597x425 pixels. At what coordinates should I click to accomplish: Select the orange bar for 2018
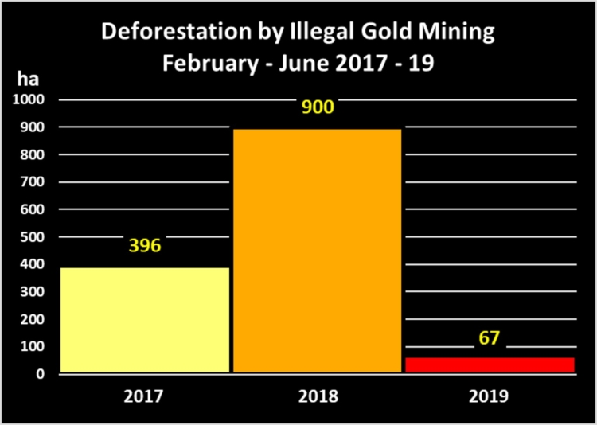point(317,250)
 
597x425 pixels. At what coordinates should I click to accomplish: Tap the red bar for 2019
point(489,365)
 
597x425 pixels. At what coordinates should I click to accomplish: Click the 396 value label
point(144,245)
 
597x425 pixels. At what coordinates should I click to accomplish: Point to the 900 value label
point(316,106)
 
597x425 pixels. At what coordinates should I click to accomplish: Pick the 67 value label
point(489,337)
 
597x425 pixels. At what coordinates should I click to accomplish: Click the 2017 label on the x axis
point(144,396)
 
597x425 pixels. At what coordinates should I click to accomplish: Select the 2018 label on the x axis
point(316,396)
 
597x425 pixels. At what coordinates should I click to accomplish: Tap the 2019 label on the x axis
point(489,396)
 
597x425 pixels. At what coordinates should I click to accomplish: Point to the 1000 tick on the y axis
point(28,99)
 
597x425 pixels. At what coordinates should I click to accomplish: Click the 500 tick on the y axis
point(33,237)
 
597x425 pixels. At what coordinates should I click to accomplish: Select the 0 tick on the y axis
point(41,374)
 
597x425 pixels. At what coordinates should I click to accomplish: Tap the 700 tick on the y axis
point(33,182)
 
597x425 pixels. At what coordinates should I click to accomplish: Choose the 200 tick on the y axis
point(33,319)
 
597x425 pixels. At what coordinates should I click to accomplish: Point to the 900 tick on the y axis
point(33,127)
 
